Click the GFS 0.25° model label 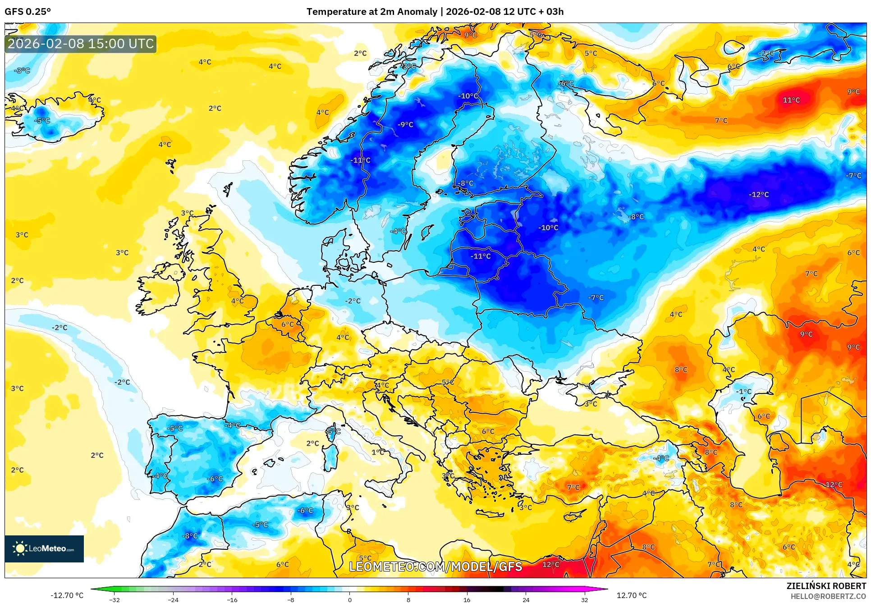tap(28, 11)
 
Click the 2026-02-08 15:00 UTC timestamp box tap(81, 44)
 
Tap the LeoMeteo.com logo tap(44, 548)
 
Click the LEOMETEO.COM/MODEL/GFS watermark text tap(435, 566)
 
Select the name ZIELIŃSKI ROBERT tap(826, 586)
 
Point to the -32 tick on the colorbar tap(115, 599)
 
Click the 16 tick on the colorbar tap(467, 599)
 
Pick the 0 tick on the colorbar tap(349, 599)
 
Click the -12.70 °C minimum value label tap(67, 595)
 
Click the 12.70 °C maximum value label tap(631, 595)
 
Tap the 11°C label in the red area tap(791, 100)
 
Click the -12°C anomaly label tap(759, 195)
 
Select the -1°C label tap(744, 391)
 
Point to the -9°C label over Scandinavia tap(405, 125)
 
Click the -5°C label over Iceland tap(43, 121)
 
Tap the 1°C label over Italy tap(378, 452)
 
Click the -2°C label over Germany tap(353, 301)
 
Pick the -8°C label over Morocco tap(190, 536)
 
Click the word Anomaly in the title tap(416, 11)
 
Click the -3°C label tap(22, 71)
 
